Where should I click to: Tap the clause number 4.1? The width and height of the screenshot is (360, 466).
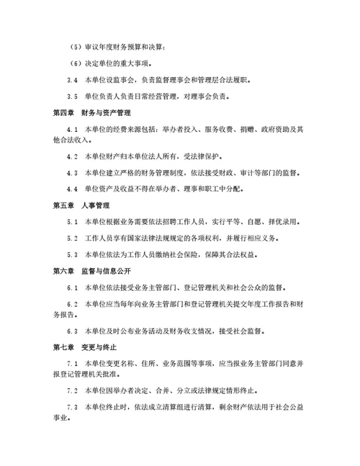72,129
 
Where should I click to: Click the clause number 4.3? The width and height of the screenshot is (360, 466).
72,174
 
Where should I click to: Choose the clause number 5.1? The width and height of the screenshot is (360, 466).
72,223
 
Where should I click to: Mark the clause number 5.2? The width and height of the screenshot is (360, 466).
72,238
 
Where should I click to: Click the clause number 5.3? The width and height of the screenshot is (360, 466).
72,254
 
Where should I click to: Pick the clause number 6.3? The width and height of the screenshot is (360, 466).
72,331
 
